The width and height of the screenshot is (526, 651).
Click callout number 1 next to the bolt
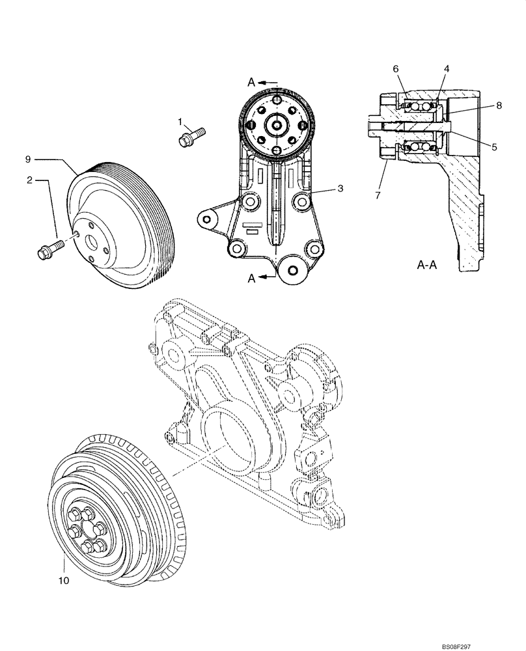point(182,120)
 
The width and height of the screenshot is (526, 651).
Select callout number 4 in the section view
point(447,68)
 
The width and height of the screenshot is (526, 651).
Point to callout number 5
point(495,147)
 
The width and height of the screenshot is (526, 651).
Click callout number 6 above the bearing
point(394,68)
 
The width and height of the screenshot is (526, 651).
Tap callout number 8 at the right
point(499,104)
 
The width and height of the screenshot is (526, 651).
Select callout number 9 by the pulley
point(28,158)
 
